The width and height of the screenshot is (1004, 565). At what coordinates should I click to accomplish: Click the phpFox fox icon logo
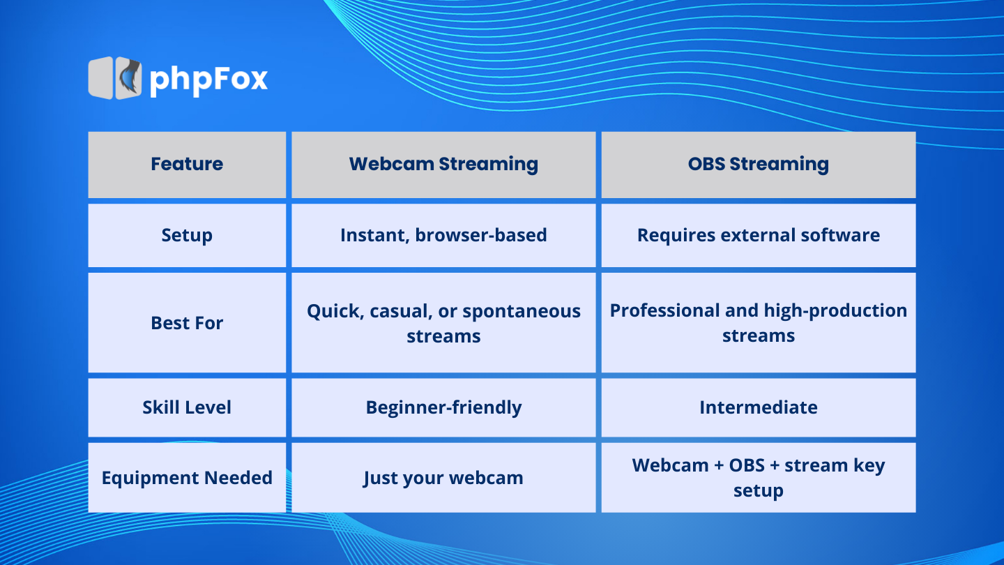point(115,77)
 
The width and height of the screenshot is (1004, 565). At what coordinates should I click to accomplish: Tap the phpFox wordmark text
point(208,80)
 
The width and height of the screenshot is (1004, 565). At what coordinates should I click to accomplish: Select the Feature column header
point(187,164)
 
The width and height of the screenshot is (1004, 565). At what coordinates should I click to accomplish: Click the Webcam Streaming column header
point(443,165)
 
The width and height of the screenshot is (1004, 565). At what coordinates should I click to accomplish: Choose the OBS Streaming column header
point(759,165)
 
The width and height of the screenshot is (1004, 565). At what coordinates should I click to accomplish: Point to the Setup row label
point(187,236)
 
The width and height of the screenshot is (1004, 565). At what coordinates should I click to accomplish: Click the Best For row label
point(187,323)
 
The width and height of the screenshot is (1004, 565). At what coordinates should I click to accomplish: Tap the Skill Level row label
point(187,407)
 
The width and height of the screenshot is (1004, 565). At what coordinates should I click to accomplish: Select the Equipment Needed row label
point(187,478)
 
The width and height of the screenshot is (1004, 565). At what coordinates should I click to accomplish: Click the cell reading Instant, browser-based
point(443,236)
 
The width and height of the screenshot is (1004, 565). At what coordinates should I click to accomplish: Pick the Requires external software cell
point(759,236)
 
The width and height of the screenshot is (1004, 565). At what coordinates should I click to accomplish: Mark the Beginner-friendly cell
point(443,407)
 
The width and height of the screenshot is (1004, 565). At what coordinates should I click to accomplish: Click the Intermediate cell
point(759,407)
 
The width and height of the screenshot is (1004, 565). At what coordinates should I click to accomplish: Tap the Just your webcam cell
point(443,479)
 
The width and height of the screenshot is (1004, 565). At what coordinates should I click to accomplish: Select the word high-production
point(835,311)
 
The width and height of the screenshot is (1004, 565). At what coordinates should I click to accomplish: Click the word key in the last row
point(869,466)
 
